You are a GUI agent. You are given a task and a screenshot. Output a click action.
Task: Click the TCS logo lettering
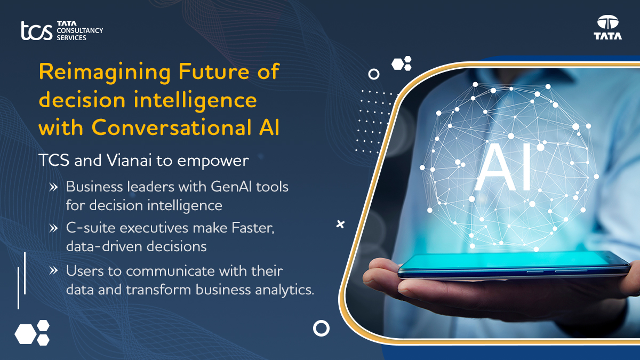click(37, 30)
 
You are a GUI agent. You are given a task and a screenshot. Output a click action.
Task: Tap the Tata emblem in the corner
click(607, 27)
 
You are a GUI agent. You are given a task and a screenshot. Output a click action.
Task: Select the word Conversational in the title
click(171, 127)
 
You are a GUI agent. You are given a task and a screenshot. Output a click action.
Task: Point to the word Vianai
click(129, 161)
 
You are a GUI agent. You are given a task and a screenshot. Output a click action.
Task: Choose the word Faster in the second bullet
click(253, 228)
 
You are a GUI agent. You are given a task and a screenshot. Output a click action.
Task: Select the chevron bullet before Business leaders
click(53, 187)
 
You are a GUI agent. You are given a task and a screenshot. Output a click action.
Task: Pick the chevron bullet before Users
click(53, 270)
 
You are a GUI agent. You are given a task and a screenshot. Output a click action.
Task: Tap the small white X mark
click(340, 225)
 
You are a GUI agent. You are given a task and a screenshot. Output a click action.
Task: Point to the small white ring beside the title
click(374, 69)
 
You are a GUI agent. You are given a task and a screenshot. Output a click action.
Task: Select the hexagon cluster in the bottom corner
click(32, 333)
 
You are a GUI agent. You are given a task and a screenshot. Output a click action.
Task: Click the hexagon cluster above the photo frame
click(402, 63)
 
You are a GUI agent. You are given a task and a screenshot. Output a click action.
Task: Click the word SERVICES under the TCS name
click(71, 38)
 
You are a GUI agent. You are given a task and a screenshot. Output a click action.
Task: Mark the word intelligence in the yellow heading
click(195, 101)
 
